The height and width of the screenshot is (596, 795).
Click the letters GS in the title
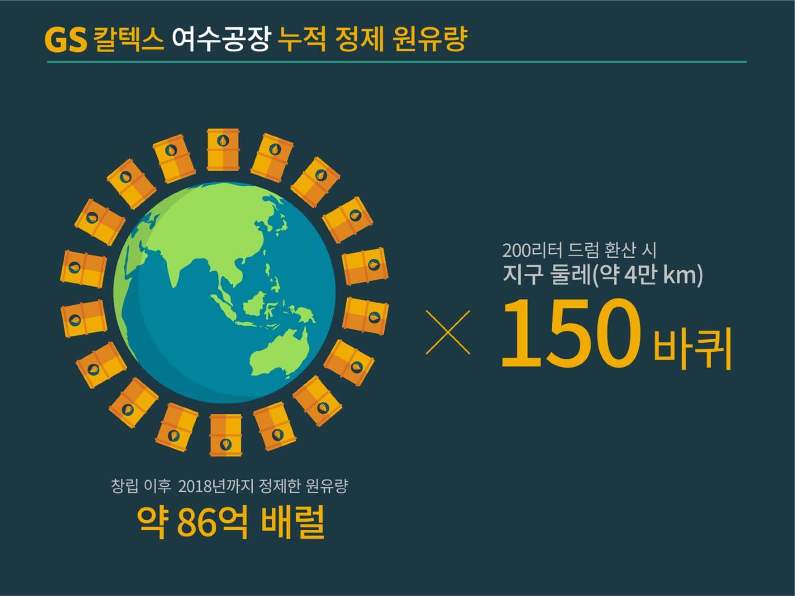click(x=65, y=40)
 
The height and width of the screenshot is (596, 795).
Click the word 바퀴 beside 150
click(x=693, y=348)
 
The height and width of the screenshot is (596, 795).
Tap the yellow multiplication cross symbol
click(x=448, y=332)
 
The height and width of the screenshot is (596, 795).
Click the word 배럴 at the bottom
click(x=293, y=522)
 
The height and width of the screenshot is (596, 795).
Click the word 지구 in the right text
click(x=522, y=275)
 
